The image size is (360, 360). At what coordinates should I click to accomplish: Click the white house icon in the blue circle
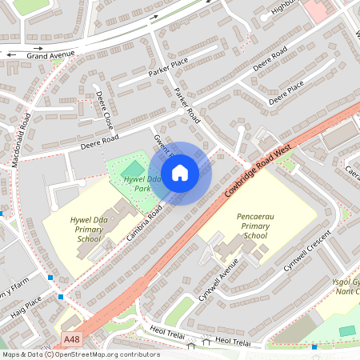point(180,173)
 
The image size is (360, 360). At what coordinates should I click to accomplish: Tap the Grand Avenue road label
point(50,55)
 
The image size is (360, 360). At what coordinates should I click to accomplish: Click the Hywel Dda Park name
point(132,184)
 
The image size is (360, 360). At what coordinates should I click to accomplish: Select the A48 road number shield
point(71,338)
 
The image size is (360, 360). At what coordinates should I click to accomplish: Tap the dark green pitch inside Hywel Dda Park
point(132,169)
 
